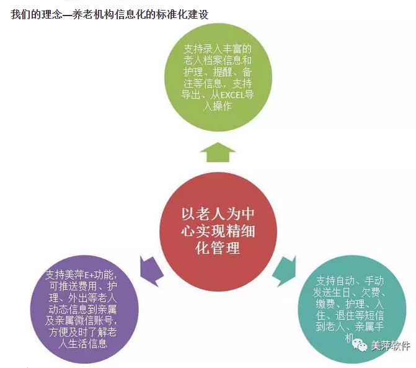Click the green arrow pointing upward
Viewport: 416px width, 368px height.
pyautogui.click(x=218, y=153)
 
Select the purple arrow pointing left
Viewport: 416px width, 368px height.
pyautogui.click(x=151, y=271)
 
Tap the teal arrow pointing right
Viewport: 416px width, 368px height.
pyautogui.click(x=285, y=271)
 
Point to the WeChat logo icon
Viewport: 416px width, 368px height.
pyautogui.click(x=359, y=345)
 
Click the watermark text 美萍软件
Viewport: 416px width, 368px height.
pyautogui.click(x=390, y=346)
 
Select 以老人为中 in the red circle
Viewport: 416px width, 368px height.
pyautogui.click(x=218, y=214)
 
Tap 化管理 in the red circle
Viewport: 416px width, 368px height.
pyautogui.click(x=218, y=248)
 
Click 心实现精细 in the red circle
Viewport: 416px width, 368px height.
pyautogui.click(x=218, y=231)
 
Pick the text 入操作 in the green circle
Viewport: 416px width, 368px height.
pyautogui.click(x=218, y=106)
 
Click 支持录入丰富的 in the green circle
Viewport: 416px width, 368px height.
pyautogui.click(x=218, y=49)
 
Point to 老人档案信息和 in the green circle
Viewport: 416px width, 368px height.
pyautogui.click(x=218, y=60)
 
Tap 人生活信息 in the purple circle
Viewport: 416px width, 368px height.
pyautogui.click(x=83, y=344)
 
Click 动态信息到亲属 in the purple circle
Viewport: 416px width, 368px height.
pyautogui.click(x=82, y=309)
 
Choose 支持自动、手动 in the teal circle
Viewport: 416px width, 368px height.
pyautogui.click(x=350, y=280)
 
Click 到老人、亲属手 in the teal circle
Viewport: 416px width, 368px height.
pyautogui.click(x=350, y=326)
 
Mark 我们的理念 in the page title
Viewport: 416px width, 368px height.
pyautogui.click(x=37, y=14)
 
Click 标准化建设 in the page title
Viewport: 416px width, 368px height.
pyautogui.click(x=182, y=14)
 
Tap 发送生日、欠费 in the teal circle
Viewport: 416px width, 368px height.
pyautogui.click(x=347, y=292)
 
